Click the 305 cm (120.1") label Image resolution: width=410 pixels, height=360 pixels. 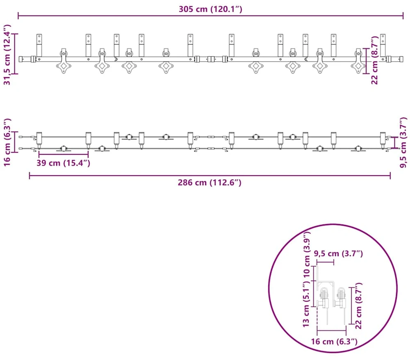tap(210, 9)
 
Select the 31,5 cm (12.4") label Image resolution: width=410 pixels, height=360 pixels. tap(7, 55)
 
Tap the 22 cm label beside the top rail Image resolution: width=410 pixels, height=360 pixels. tap(375, 60)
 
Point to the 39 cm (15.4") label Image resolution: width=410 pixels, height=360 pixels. tap(63, 163)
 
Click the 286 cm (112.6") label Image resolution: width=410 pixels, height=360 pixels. tap(210, 182)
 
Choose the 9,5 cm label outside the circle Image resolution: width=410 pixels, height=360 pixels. tap(403, 142)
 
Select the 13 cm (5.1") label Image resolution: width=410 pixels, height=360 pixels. tap(306, 305)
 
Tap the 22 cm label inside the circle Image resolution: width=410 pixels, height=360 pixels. tap(358, 305)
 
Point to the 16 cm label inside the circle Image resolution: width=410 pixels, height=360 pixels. tap(334, 342)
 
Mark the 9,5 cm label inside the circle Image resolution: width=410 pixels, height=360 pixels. tap(338, 253)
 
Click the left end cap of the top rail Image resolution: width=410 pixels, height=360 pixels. tap(21, 59)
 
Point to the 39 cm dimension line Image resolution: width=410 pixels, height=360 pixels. tap(64, 154)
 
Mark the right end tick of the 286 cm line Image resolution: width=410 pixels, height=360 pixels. tap(390, 175)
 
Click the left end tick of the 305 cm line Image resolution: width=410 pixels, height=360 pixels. tap(18, 16)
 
